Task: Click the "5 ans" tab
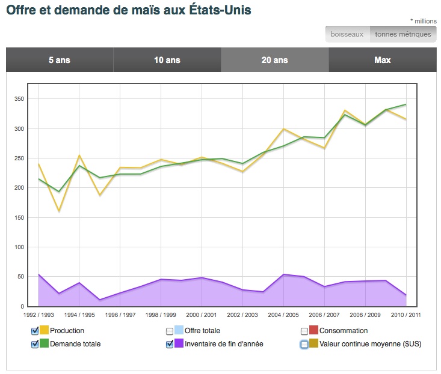tap(60, 60)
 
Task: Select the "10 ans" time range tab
tap(167, 60)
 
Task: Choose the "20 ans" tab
tap(275, 60)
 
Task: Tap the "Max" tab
tap(383, 60)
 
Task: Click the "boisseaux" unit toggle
tap(348, 34)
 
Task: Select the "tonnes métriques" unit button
tap(403, 34)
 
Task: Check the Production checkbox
tap(34, 331)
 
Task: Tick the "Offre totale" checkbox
tap(170, 331)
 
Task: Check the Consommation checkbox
tap(304, 331)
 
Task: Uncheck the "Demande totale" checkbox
tap(34, 344)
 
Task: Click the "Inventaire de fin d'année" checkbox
tap(170, 344)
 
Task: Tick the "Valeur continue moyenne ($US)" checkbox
tap(304, 344)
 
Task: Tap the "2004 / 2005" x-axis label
tap(283, 315)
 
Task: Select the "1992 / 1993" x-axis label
tap(38, 315)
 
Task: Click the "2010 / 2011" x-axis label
tap(406, 315)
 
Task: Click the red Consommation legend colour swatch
tap(313, 331)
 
